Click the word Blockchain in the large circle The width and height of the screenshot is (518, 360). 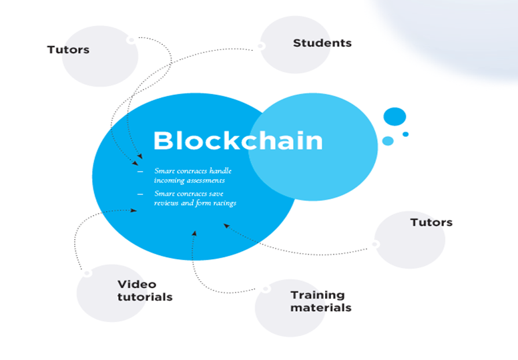(238, 141)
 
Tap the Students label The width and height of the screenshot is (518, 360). (322, 43)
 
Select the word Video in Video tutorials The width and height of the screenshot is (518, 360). (136, 285)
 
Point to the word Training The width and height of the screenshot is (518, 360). (318, 295)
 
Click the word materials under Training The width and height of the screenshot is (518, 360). (320, 307)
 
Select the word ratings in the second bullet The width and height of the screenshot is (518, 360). (223, 203)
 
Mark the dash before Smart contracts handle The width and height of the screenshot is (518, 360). (140, 172)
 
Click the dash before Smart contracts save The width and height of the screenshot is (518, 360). (140, 194)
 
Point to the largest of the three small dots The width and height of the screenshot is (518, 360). (395, 116)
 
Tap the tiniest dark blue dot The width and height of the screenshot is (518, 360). (405, 134)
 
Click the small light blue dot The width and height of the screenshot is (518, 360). (388, 141)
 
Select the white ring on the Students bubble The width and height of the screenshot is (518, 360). (260, 46)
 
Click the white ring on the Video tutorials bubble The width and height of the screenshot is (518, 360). (86, 273)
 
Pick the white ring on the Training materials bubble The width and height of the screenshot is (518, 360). (266, 289)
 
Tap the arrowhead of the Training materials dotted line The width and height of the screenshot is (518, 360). (194, 233)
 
